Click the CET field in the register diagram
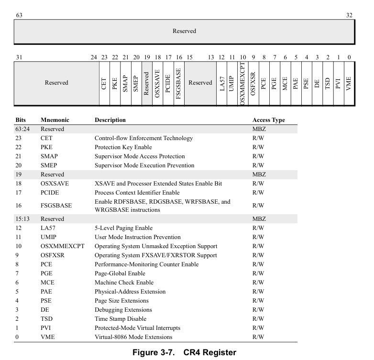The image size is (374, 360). pos(104,83)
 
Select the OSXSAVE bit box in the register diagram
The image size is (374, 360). pos(157,83)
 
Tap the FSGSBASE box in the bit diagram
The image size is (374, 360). pos(178,83)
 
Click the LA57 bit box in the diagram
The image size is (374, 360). pos(221,83)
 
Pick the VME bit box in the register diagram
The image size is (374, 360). pos(349,83)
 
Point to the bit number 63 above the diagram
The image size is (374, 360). pos(19,15)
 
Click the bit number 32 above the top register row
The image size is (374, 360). pos(349,15)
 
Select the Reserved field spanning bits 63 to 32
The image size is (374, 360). pos(184,32)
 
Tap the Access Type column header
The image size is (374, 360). pos(268,120)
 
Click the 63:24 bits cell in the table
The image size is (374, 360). pos(22,129)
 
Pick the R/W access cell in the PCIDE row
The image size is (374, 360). pos(258,193)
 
